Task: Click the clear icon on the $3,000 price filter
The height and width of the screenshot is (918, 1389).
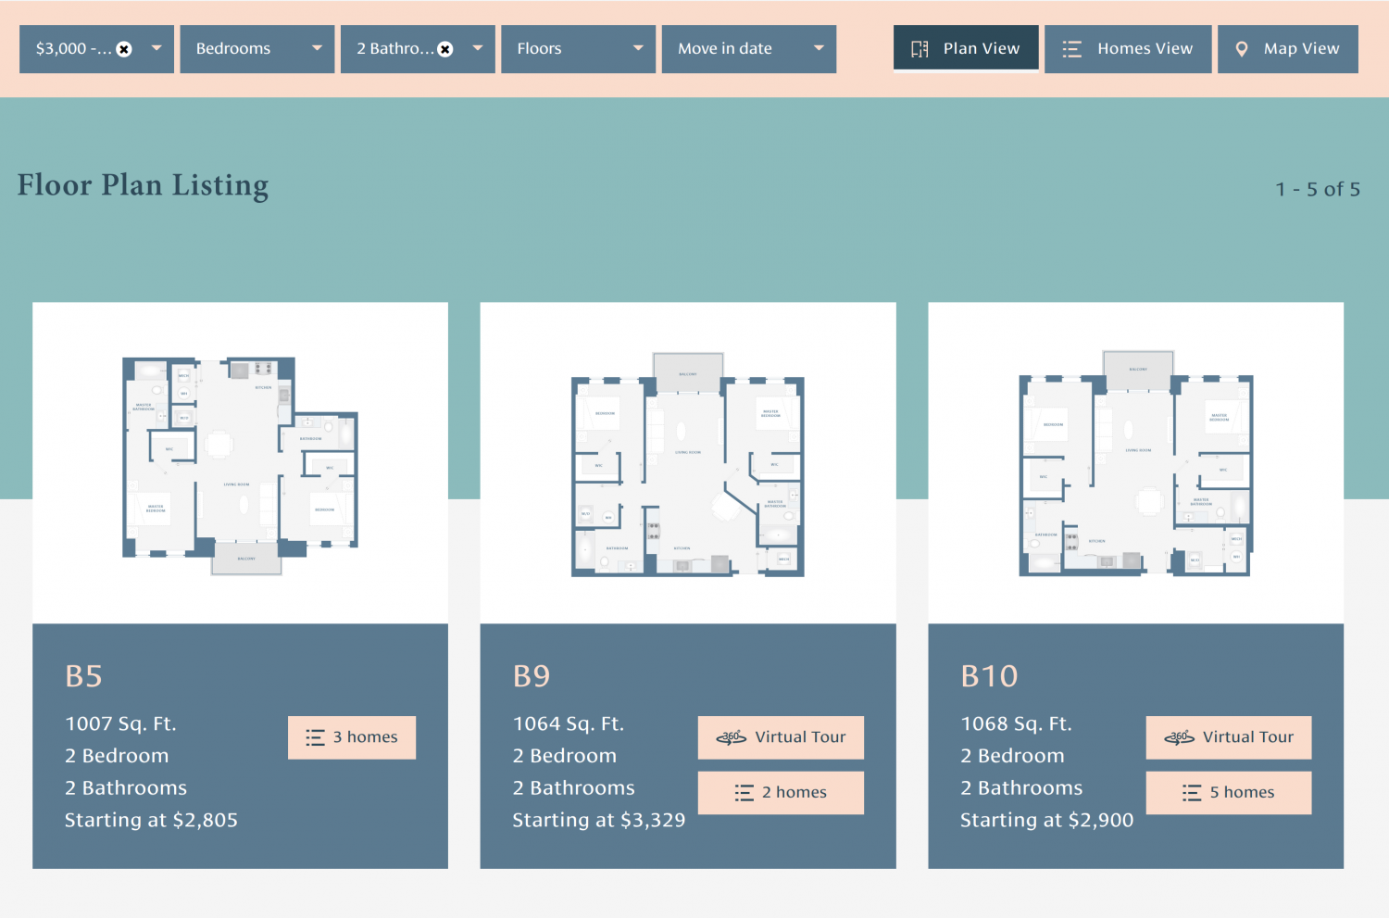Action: coord(124,49)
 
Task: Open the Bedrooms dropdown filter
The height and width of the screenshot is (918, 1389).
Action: coord(257,49)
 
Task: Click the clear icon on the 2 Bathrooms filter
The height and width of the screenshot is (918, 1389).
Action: coord(445,49)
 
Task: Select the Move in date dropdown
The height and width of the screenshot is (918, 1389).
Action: coord(748,49)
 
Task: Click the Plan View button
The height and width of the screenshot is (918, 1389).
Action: coord(966,49)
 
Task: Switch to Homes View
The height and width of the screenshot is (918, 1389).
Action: coord(1127,49)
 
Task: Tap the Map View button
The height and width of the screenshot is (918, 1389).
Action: coord(1287,49)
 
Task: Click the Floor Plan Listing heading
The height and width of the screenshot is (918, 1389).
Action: coord(143,185)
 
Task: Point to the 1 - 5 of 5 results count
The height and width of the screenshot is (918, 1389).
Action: coord(1317,189)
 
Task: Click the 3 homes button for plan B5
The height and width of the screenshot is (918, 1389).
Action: coord(352,737)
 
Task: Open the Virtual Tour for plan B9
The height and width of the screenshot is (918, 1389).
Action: coord(781,737)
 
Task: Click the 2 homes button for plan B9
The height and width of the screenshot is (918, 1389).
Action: coord(781,793)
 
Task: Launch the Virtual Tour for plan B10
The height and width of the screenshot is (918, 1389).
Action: coord(1228,737)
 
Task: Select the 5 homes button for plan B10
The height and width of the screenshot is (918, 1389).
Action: coord(1228,793)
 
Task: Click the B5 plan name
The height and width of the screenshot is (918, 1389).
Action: coord(83,676)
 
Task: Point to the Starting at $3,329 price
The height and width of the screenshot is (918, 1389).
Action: coord(598,820)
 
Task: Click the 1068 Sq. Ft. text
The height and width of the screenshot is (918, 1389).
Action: coord(1016,723)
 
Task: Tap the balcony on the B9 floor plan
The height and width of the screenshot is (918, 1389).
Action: coord(688,371)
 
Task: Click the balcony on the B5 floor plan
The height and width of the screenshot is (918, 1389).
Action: coord(246,559)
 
